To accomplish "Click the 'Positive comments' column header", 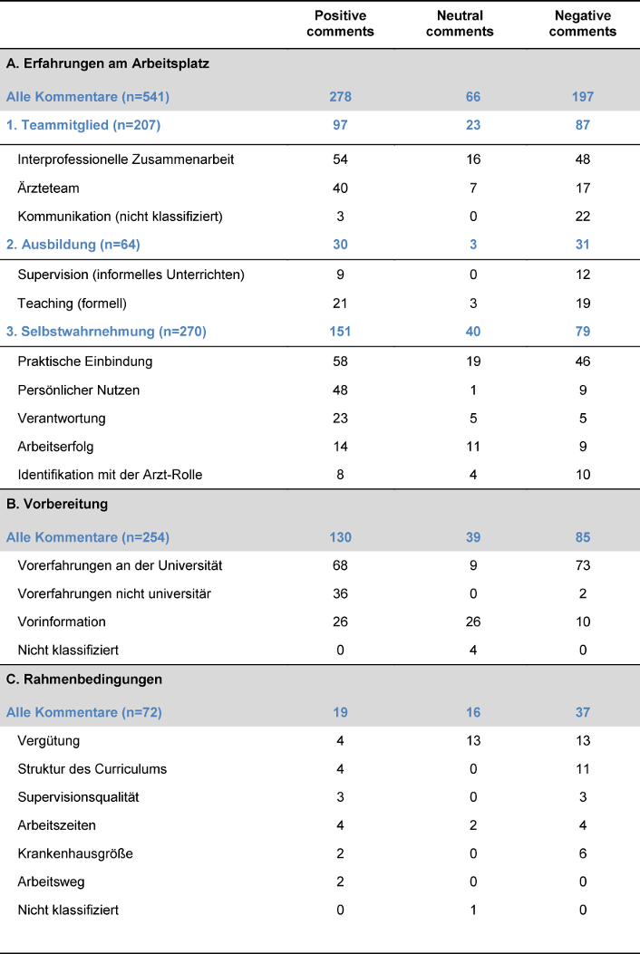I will (344, 24).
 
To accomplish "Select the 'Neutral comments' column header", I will (460, 24).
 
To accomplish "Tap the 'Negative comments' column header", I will (583, 24).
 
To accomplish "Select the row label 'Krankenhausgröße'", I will (69, 853).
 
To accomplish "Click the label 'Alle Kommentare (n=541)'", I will (88, 97).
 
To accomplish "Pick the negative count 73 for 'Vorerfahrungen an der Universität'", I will (583, 565).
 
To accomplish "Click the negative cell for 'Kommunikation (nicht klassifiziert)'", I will (583, 216).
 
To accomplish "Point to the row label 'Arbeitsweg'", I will (50, 882).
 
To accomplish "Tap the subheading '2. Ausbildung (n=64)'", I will (73, 245).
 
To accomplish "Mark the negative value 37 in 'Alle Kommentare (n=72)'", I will (583, 712).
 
